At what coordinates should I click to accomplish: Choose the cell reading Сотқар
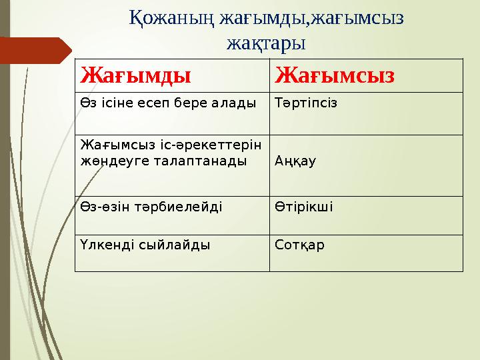coord(299,245)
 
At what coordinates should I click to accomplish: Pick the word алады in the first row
coord(236,103)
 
